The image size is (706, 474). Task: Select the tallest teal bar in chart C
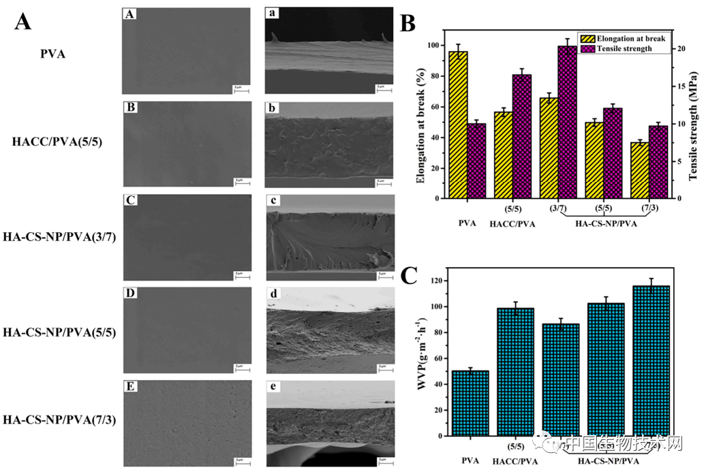tap(651, 360)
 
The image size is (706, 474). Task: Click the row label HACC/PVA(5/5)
tap(57, 142)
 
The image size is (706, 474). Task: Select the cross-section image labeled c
tap(330, 238)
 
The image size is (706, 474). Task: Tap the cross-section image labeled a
tap(330, 50)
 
